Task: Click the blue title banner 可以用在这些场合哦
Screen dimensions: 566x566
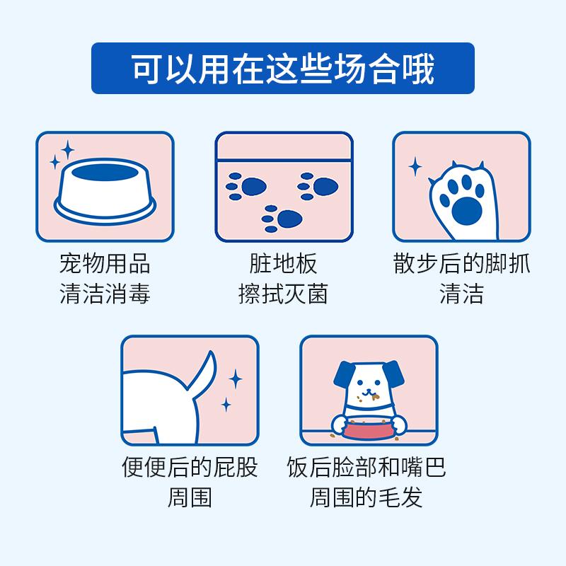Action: point(283,68)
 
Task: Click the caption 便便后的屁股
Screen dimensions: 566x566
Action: point(190,468)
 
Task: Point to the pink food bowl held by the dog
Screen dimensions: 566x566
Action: point(367,429)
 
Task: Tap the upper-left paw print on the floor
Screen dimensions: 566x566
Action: point(246,186)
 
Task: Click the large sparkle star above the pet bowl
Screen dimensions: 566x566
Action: point(67,149)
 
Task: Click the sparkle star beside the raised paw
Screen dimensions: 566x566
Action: point(415,167)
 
